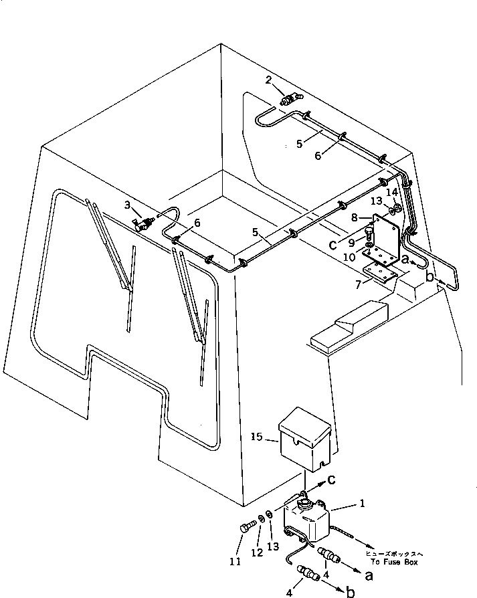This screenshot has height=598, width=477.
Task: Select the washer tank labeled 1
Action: [309, 518]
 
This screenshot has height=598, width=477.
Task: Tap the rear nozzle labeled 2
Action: [290, 100]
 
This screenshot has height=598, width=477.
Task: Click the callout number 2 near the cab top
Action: [269, 80]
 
